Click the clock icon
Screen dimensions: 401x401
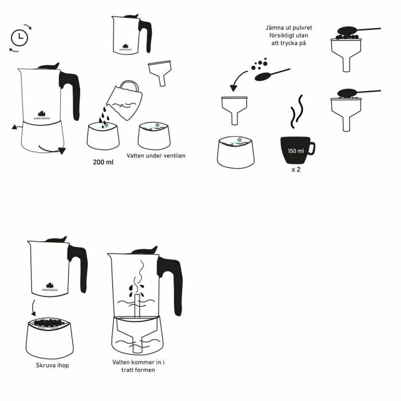click(18, 37)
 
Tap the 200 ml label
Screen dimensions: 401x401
click(103, 162)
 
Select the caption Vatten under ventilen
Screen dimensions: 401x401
click(162, 156)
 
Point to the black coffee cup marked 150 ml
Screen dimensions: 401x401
click(295, 151)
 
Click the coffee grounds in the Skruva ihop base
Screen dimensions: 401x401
click(50, 323)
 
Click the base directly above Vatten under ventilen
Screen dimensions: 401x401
click(154, 136)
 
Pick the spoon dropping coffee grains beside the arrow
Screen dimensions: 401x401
click(269, 74)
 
